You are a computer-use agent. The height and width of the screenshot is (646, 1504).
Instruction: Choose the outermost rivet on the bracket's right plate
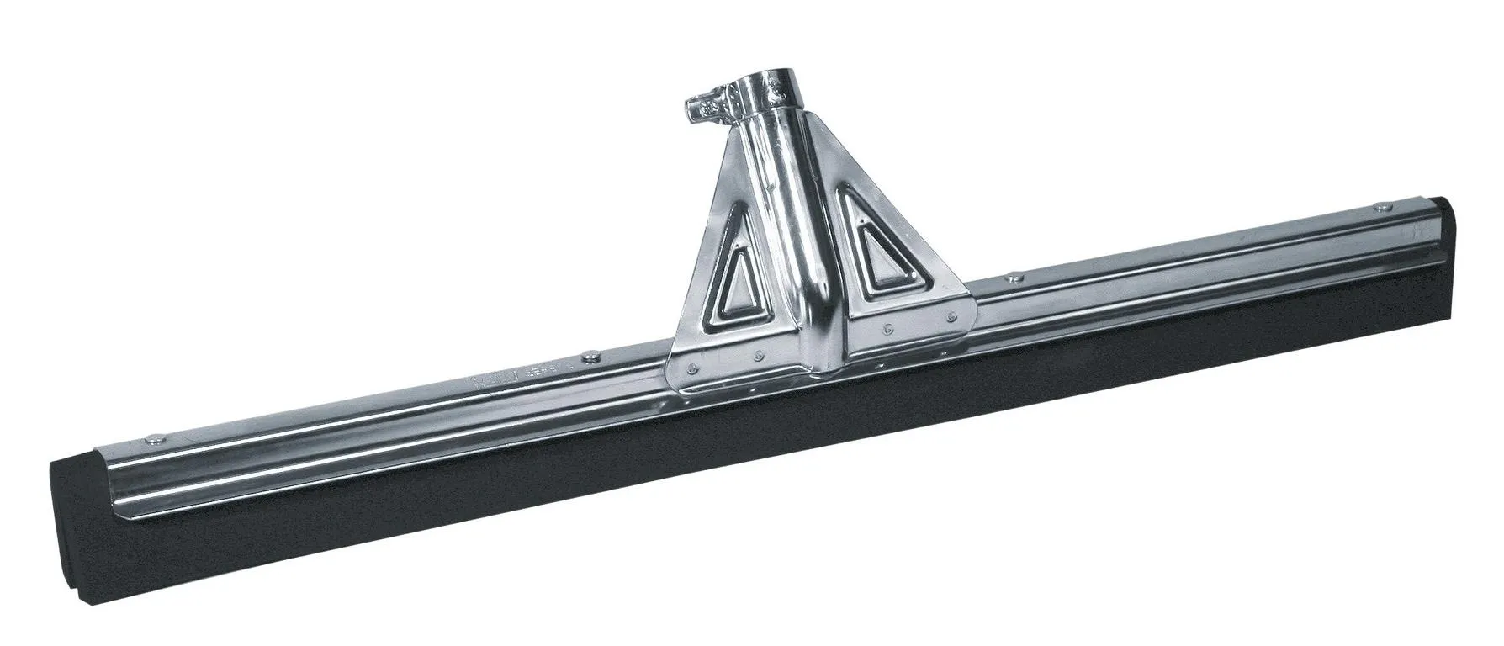950,317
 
